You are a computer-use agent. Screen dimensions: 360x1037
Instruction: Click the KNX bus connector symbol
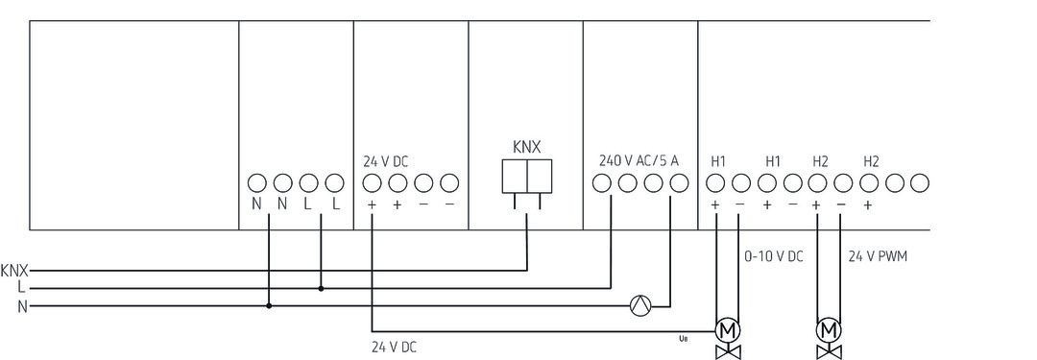526,177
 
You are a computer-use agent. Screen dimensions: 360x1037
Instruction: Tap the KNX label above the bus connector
527,147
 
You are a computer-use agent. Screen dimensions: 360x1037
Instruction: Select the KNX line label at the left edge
14,270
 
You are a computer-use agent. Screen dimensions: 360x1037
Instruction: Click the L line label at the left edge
20,287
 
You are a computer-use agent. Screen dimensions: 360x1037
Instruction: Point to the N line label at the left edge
20,306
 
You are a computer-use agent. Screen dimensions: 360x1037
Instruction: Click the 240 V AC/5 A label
638,160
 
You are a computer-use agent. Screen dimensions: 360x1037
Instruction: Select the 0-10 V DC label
774,257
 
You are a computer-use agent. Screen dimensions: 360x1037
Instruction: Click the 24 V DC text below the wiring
394,346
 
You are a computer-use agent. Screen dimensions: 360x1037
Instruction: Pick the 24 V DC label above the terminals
385,161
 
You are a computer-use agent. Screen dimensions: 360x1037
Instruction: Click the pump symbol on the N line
639,306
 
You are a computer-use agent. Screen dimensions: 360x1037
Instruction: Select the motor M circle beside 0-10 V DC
728,329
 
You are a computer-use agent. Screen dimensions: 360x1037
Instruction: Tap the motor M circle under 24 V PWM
827,329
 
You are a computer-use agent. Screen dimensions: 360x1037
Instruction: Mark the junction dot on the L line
321,287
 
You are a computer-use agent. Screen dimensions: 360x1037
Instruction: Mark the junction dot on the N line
269,306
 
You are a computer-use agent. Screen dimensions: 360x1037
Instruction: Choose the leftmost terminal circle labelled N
256,181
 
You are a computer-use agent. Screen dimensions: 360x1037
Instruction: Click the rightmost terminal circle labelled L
334,181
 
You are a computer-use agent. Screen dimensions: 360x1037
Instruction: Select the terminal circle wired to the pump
675,181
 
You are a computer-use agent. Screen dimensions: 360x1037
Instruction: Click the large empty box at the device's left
133,125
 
